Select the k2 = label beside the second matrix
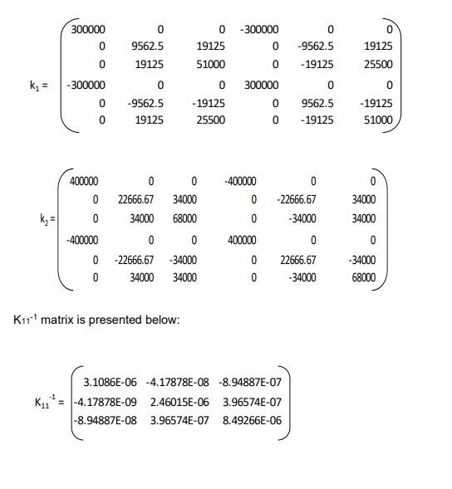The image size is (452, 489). pyautogui.click(x=47, y=220)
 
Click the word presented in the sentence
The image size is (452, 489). pyautogui.click(x=116, y=319)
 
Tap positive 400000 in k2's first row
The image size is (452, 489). pyautogui.click(x=83, y=181)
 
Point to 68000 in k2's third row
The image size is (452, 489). pyautogui.click(x=184, y=220)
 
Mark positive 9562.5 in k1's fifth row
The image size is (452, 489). pyautogui.click(x=318, y=102)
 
